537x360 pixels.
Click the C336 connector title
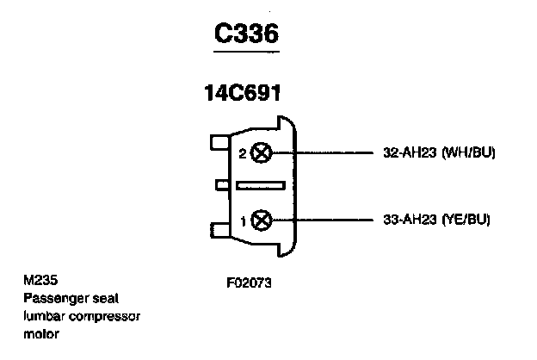coord(246,34)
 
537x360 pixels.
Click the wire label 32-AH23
coord(408,153)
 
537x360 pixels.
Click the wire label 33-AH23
coord(408,220)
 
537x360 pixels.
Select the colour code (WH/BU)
coord(468,153)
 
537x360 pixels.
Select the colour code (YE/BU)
coord(466,220)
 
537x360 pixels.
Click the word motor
coord(41,334)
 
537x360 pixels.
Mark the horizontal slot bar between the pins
coord(260,185)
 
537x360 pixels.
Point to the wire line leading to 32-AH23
coord(327,153)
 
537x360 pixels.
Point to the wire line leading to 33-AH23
coord(327,220)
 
